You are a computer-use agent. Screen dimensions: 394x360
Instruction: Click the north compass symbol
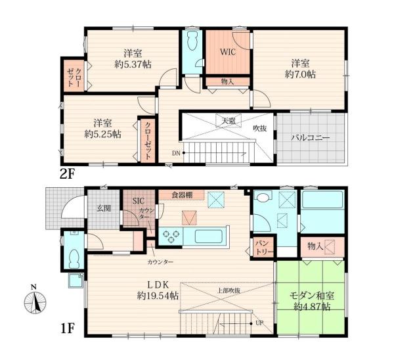coord(35,300)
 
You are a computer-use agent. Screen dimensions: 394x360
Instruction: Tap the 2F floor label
coord(68,174)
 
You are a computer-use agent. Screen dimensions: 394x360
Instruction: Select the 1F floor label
coord(68,328)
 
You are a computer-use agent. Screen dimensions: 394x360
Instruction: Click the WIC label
coord(228,52)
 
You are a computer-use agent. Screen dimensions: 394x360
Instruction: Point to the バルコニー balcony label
coord(311,138)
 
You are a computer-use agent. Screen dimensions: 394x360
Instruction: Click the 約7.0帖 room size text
coord(300,74)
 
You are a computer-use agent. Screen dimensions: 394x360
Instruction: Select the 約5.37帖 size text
coord(133,64)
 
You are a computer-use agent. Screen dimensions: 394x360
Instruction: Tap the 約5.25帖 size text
coord(103,134)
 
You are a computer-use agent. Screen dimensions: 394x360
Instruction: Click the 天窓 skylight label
coord(229,121)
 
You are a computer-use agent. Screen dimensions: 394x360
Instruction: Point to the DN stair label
coord(177,153)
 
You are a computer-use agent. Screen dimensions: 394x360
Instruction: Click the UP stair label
coord(259,323)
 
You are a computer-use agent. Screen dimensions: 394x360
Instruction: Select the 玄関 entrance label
coord(104,208)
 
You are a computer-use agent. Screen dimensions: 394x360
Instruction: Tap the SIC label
coord(139,200)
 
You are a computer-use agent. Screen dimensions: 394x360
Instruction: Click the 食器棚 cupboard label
coord(182,195)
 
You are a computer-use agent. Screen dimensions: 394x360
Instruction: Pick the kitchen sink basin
coord(208,236)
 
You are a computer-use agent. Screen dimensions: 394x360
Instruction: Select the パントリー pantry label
coord(263,248)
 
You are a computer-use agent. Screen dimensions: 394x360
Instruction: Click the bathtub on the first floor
coord(322,200)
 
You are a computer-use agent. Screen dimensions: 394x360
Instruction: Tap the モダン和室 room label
coord(312,296)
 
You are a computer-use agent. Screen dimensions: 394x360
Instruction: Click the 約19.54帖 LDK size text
coord(158,296)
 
